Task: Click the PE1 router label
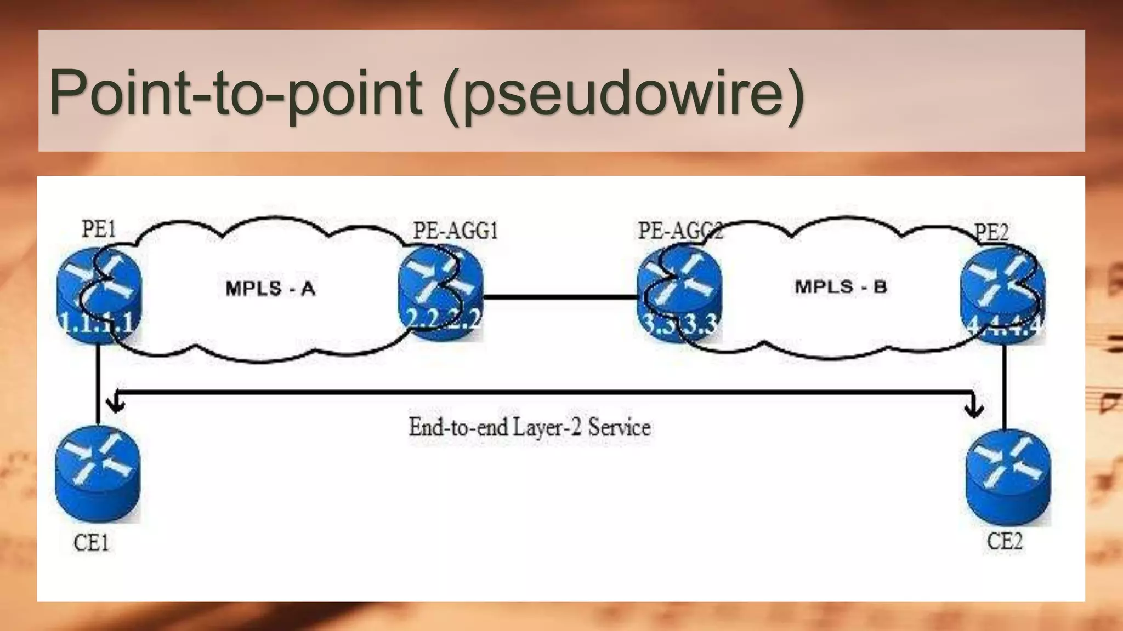coord(99,229)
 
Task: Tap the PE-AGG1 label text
coord(455,231)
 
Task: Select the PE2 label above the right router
coord(991,232)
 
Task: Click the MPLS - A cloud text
coord(270,289)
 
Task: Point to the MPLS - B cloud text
coord(841,287)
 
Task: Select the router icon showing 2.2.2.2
coord(441,292)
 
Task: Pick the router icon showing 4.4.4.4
coord(1002,296)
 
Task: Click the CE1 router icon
coord(98,473)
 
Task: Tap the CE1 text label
coord(91,543)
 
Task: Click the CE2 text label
coord(1005,541)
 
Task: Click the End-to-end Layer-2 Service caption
coord(530,427)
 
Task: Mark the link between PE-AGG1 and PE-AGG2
coord(560,297)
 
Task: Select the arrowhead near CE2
coord(974,409)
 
